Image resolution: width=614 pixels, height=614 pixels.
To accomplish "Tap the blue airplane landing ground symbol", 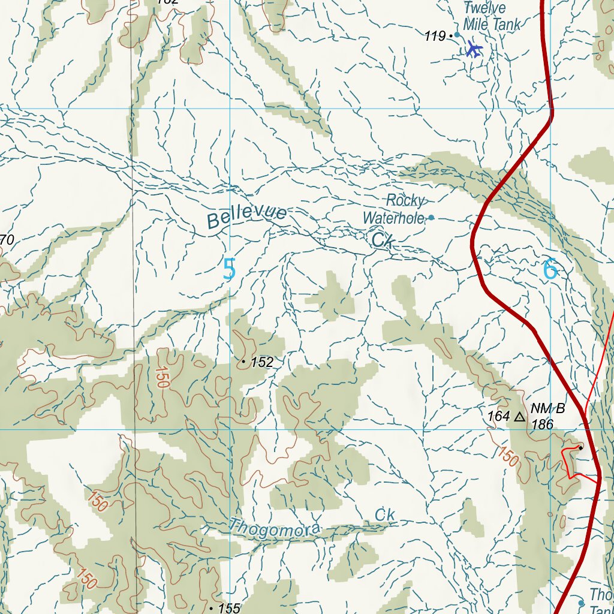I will [x=474, y=49].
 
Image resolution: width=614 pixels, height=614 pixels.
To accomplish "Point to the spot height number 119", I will [x=435, y=37].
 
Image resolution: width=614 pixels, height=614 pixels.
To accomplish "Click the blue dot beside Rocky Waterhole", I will [x=431, y=218].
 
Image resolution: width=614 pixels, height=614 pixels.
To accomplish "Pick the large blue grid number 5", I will [x=229, y=269].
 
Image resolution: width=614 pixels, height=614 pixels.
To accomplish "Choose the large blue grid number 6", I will [x=550, y=270].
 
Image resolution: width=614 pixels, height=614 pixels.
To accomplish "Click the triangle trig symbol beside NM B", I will [x=520, y=416].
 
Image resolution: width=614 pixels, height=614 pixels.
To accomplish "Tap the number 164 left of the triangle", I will [x=498, y=416].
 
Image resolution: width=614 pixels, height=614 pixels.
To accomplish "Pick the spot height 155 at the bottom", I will [x=228, y=608].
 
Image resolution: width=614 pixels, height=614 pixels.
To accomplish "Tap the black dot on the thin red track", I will [x=580, y=447].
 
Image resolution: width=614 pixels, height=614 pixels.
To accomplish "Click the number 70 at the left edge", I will [x=7, y=240].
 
